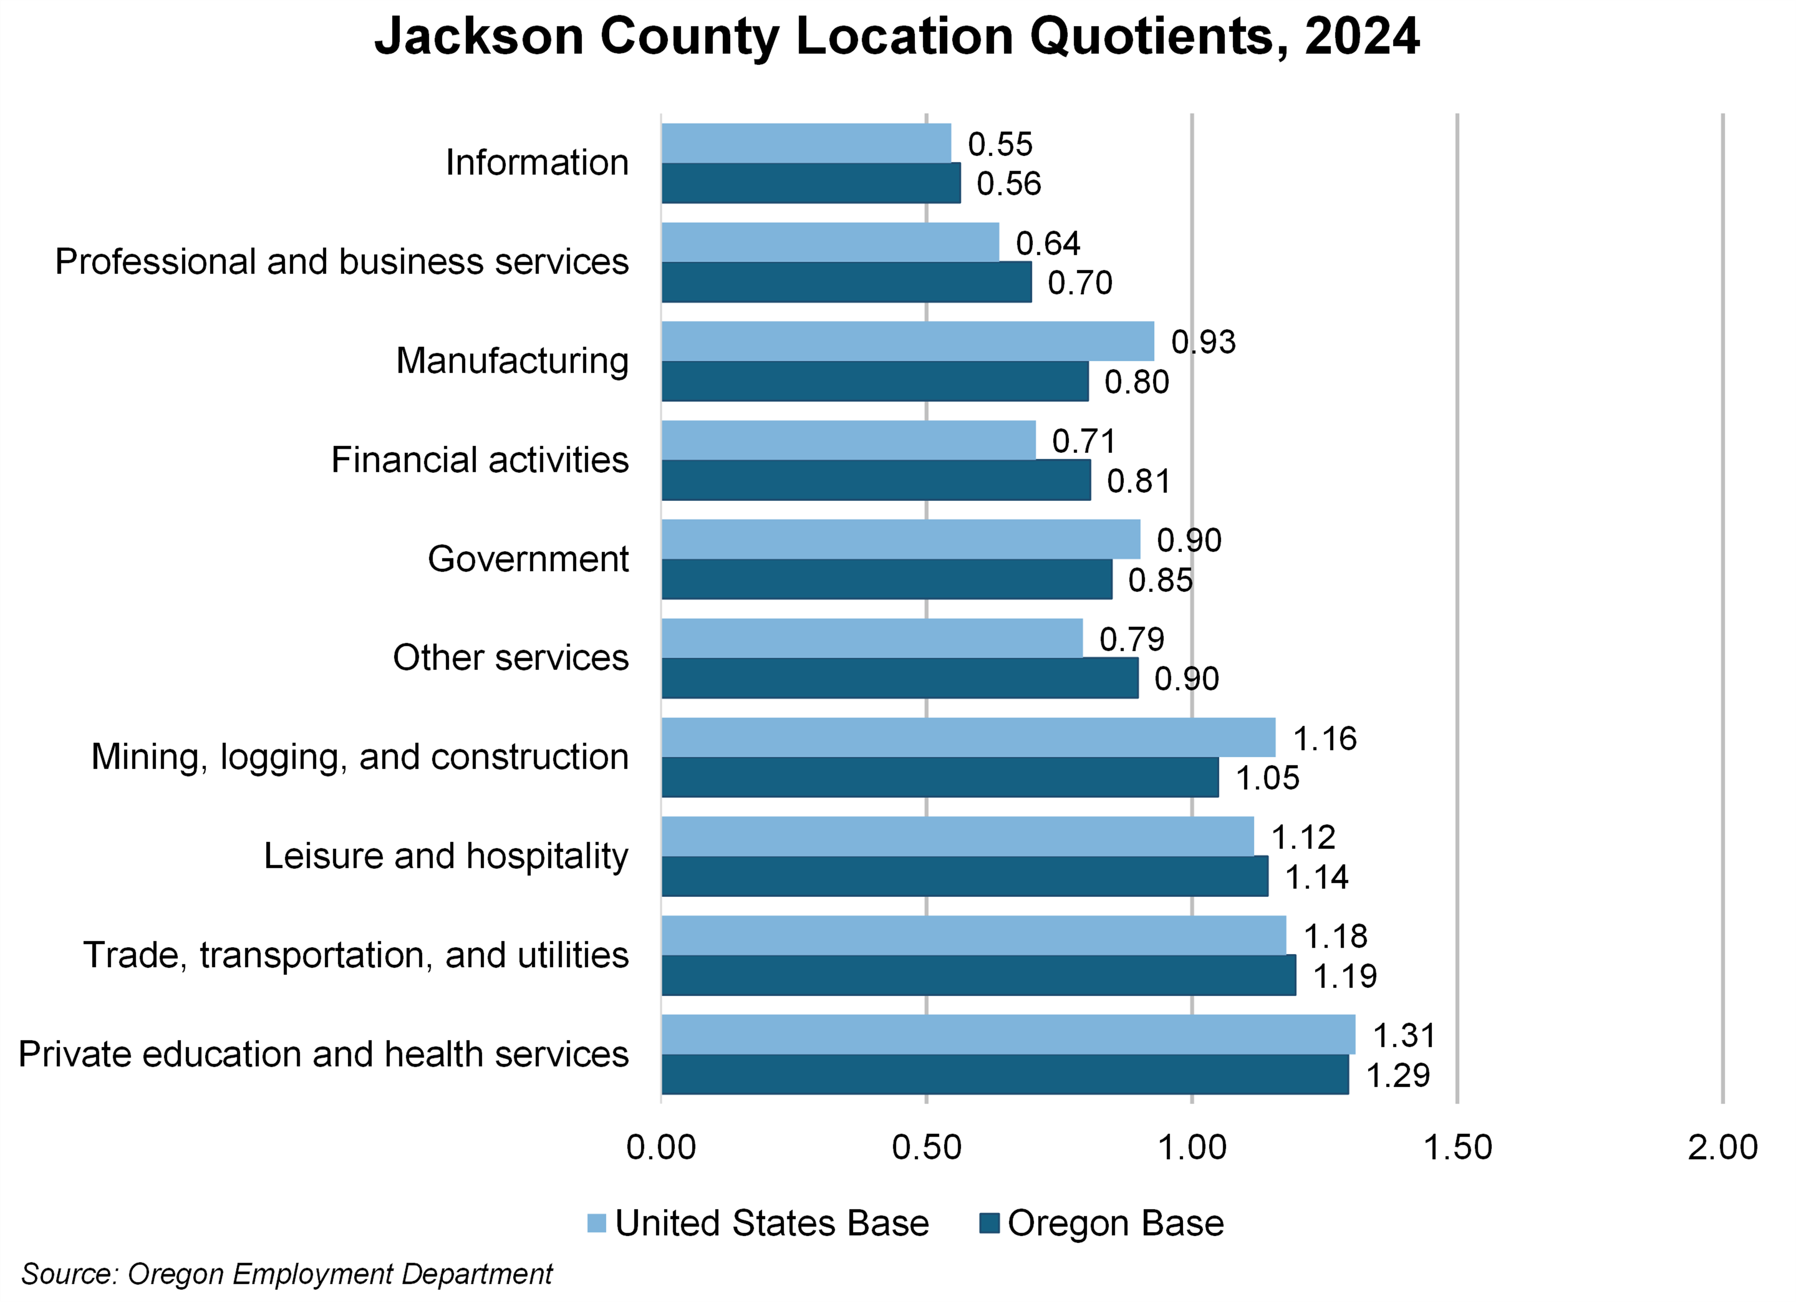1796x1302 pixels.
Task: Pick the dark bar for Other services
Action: [900, 679]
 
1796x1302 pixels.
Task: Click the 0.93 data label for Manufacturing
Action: [1203, 342]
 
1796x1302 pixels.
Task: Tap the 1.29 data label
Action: [1398, 1076]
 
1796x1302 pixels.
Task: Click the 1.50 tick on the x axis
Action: [1457, 1148]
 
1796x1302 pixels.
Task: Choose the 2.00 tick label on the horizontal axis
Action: [1722, 1148]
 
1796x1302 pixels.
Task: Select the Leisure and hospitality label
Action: [446, 856]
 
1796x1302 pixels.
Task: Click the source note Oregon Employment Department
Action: [287, 1274]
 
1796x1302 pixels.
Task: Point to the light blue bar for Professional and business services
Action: [830, 242]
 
